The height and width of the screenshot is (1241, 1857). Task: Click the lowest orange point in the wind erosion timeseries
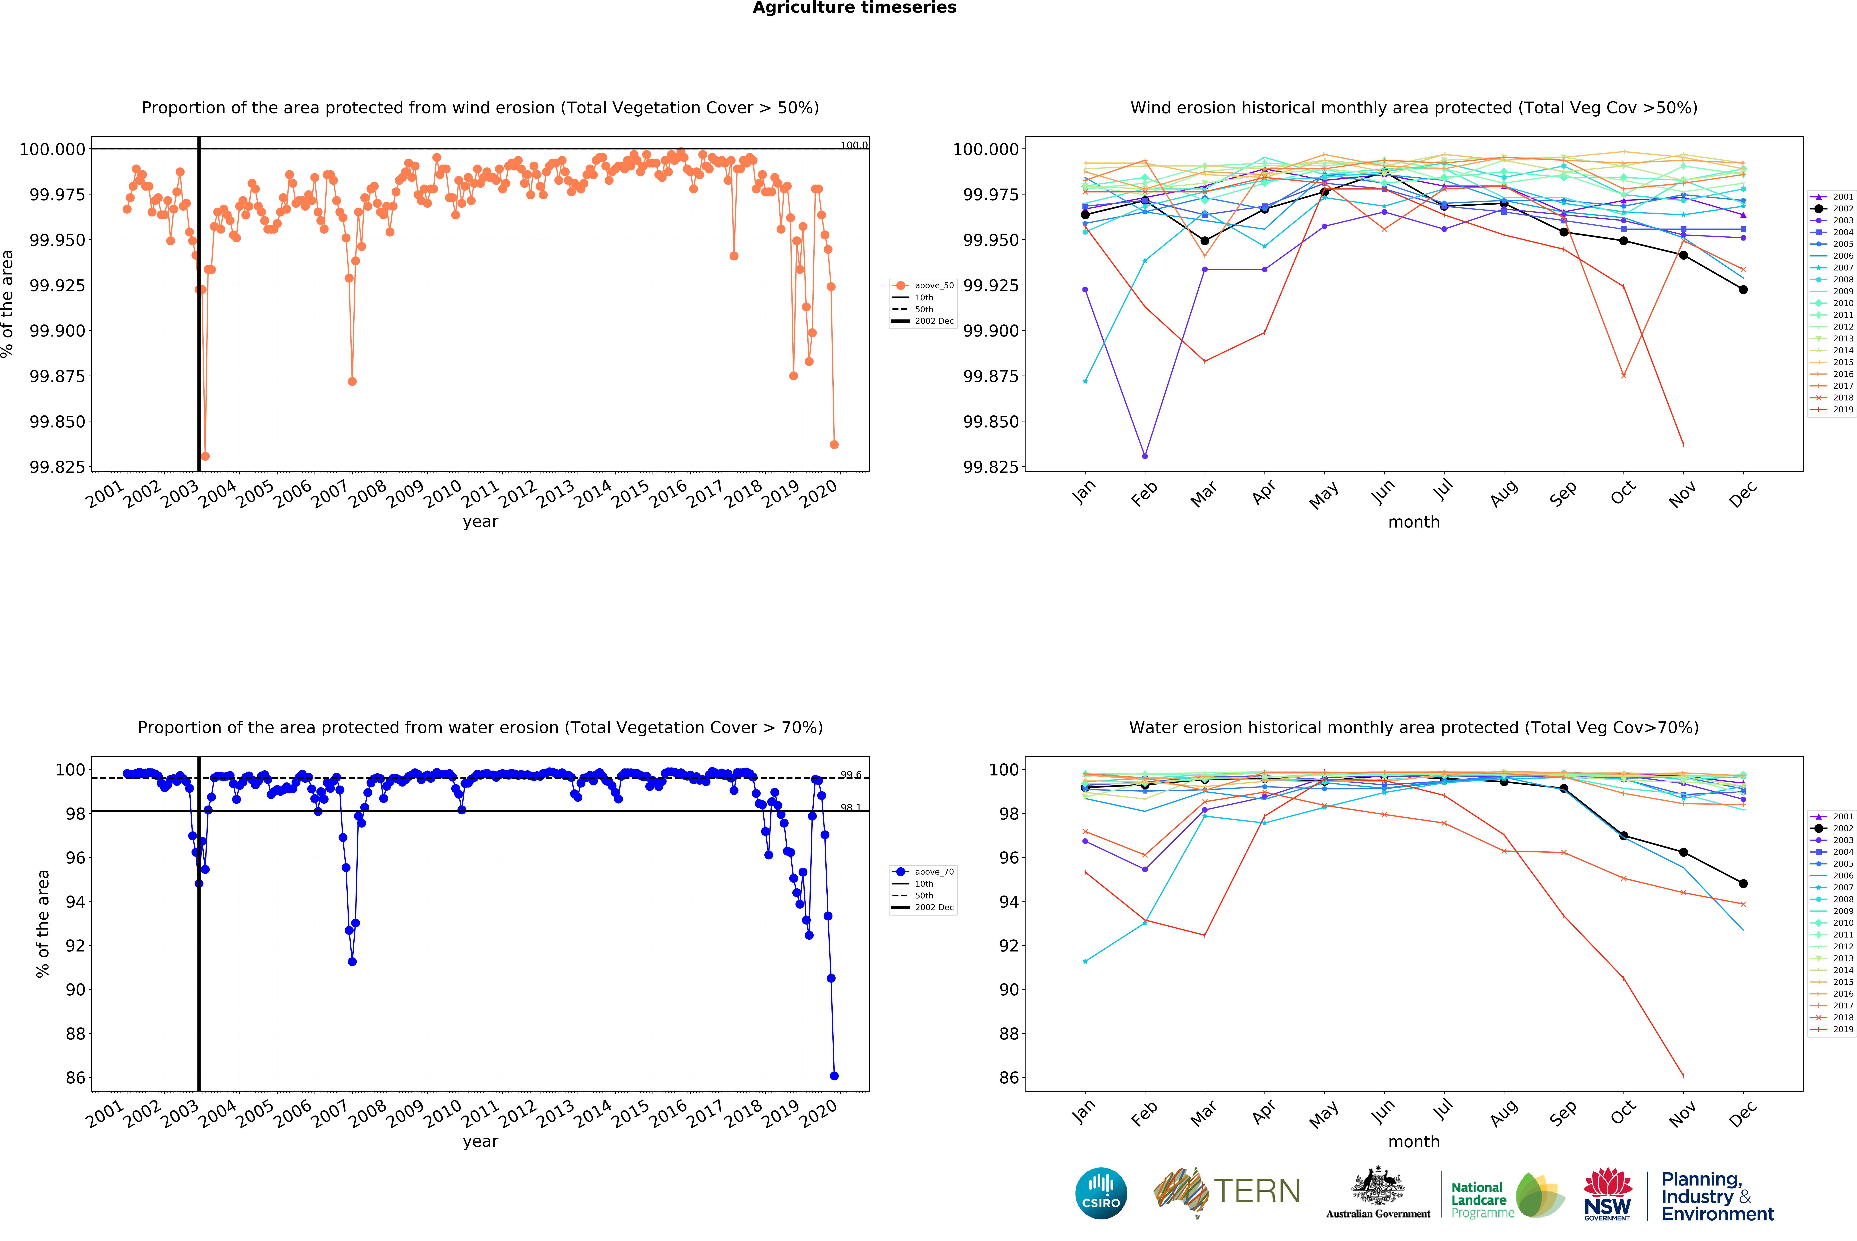pos(205,456)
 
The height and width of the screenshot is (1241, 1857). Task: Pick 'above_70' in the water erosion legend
pos(934,871)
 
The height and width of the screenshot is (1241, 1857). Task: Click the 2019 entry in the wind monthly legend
pos(1843,409)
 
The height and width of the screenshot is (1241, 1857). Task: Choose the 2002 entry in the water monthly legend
pos(1843,828)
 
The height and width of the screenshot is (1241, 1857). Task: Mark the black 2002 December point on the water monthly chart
pos(1743,883)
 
